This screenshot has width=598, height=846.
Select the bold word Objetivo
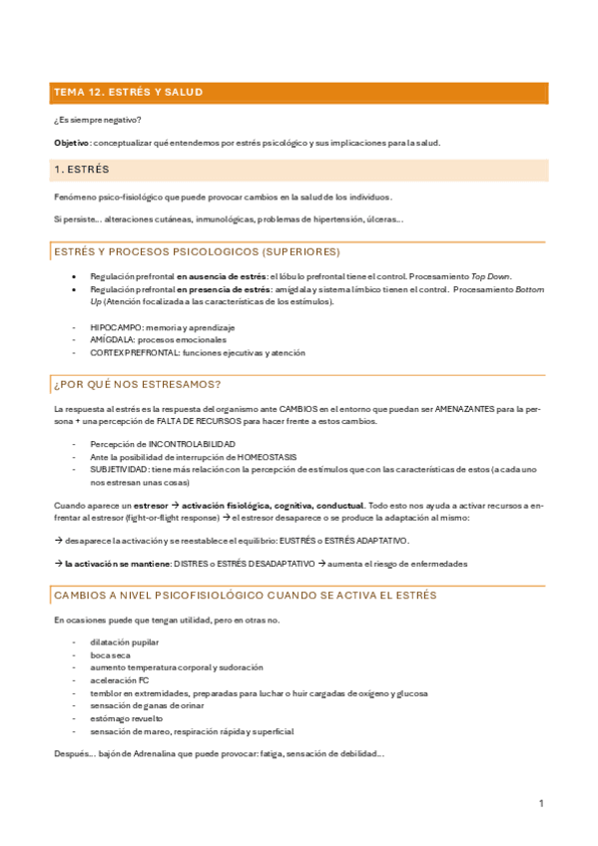(x=70, y=143)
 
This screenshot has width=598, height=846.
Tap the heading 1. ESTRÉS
(x=82, y=170)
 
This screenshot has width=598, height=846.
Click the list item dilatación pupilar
(x=124, y=642)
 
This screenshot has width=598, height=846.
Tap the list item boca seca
(x=109, y=655)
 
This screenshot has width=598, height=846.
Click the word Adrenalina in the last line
(x=149, y=754)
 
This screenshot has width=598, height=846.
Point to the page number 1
(x=540, y=804)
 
